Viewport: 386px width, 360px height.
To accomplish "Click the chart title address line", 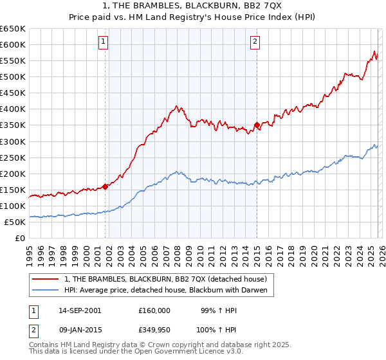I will pos(192,5).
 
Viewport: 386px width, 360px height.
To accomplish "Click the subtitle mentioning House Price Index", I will pos(192,17).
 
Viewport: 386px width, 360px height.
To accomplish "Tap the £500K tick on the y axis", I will pos(13,76).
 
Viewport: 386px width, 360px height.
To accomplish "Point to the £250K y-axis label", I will pos(13,157).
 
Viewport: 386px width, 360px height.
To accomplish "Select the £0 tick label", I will pos(19,238).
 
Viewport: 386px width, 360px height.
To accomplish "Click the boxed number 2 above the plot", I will pos(255,42).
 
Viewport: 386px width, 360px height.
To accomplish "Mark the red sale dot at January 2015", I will pos(257,125).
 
